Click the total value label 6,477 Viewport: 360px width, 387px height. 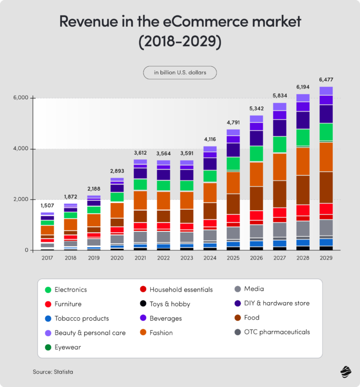click(326, 80)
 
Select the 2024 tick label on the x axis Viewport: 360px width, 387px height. click(209, 258)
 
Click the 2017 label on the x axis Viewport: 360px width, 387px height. click(47, 258)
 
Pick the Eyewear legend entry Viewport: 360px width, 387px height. click(67, 347)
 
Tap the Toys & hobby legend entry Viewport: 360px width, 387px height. click(170, 304)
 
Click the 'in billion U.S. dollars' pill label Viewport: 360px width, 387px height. click(180, 72)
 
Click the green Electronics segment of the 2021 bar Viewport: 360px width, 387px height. click(140, 185)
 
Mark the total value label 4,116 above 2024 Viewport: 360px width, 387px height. click(209, 139)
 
